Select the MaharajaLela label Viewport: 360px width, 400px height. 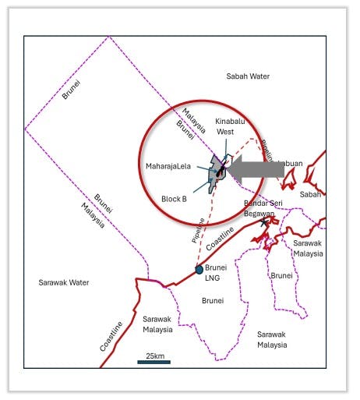click(168, 166)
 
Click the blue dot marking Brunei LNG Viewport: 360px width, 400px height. click(199, 270)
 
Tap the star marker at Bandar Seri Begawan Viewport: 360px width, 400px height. click(266, 223)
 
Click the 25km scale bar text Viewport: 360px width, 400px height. click(154, 356)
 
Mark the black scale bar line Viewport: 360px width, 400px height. click(154, 362)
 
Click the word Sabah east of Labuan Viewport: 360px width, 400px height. click(311, 194)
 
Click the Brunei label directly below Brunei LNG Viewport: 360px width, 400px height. click(213, 300)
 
